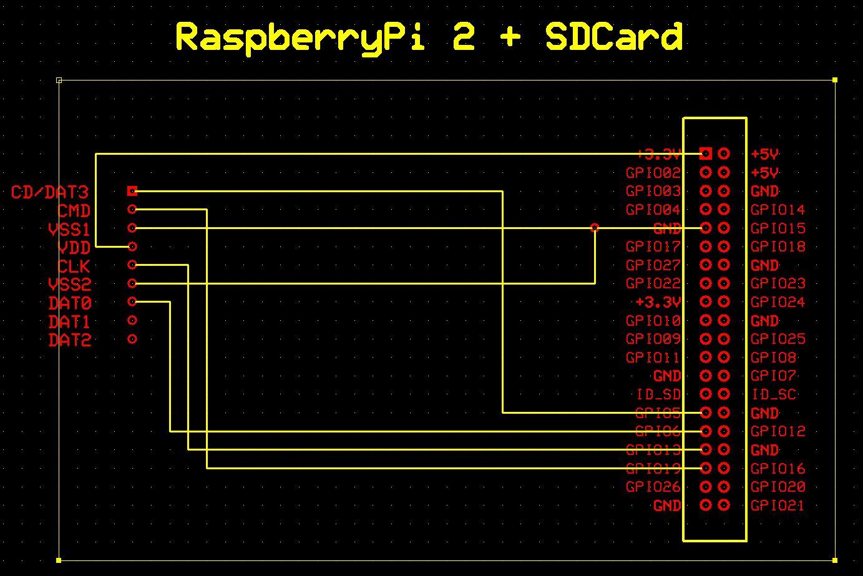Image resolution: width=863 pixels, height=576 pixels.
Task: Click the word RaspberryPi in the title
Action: point(301,37)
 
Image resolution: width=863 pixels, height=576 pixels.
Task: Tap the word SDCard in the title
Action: point(614,37)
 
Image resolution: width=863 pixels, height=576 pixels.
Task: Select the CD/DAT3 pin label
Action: point(50,192)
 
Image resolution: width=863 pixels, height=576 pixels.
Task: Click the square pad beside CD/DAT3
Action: point(132,191)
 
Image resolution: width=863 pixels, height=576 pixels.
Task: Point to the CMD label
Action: point(74,211)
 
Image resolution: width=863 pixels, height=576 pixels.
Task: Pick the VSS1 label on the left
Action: point(69,230)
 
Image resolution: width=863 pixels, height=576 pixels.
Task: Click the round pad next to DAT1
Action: point(132,321)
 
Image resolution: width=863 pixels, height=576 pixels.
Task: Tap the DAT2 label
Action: point(70,341)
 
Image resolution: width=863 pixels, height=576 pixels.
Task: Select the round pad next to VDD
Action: point(132,247)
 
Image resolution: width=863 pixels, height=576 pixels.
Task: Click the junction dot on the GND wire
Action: point(595,228)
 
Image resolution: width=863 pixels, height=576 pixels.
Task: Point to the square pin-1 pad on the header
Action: point(706,154)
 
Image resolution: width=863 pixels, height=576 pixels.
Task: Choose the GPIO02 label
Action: point(653,173)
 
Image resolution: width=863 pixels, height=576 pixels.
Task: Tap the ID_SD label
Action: point(658,394)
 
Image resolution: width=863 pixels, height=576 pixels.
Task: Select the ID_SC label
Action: point(774,394)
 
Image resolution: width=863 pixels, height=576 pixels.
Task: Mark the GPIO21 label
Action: point(778,505)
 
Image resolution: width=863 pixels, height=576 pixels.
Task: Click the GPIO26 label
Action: point(653,487)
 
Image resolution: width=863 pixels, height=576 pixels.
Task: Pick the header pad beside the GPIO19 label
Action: point(706,468)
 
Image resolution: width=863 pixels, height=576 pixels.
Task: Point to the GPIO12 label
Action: point(778,431)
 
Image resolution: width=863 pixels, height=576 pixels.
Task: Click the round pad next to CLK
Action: point(132,265)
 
